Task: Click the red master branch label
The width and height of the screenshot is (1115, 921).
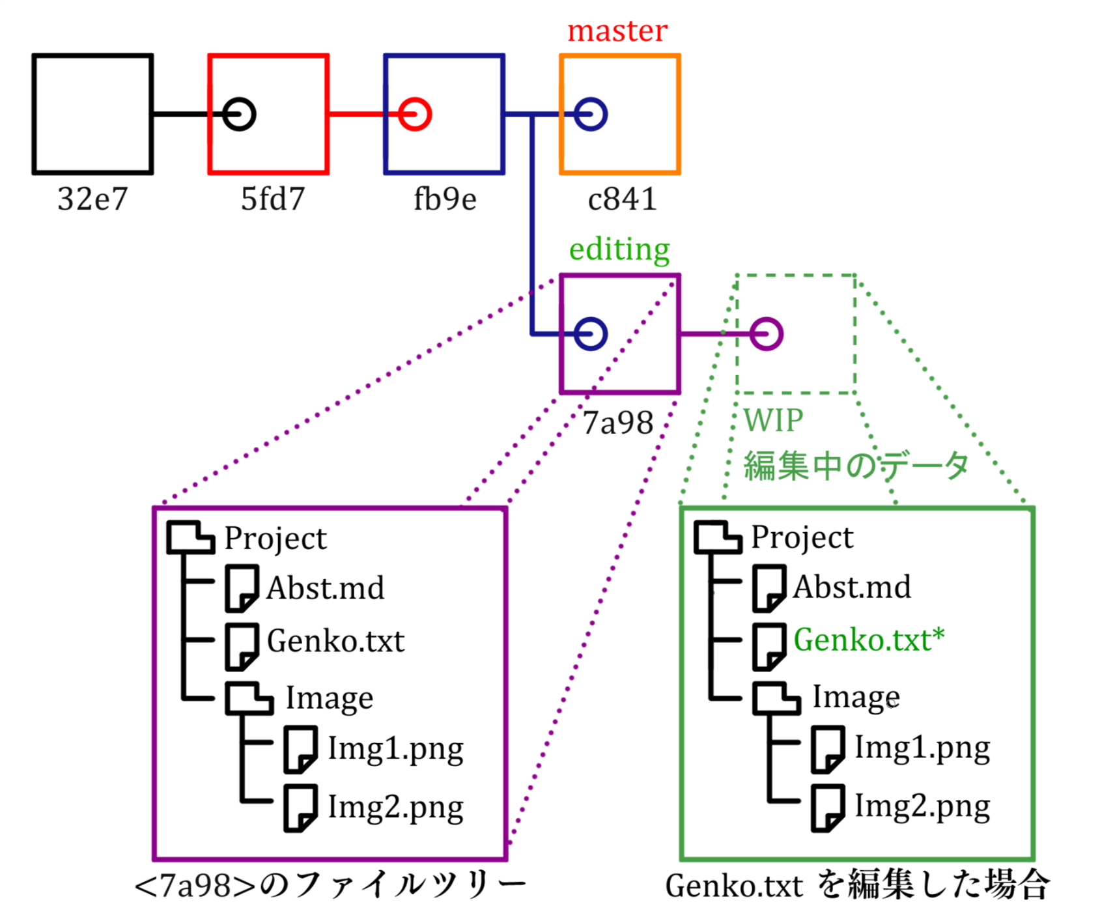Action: [617, 31]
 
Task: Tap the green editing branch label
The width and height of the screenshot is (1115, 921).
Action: [619, 249]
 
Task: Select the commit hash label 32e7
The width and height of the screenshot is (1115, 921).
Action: [92, 199]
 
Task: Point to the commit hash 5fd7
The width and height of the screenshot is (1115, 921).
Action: [272, 199]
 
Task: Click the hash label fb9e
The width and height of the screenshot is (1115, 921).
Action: [445, 199]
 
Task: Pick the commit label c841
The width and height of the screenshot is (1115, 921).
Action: [621, 199]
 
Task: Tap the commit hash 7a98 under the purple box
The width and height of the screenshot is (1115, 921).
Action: [617, 423]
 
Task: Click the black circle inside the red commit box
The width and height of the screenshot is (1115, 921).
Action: [239, 115]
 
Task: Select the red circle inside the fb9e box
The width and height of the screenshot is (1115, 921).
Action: [415, 115]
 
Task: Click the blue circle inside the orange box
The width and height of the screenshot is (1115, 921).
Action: [591, 115]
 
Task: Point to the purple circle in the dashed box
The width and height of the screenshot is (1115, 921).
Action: [766, 334]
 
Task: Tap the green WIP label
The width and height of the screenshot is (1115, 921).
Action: [773, 421]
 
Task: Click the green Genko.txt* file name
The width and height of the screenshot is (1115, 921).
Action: [868, 640]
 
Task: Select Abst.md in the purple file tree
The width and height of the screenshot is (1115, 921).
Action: [325, 588]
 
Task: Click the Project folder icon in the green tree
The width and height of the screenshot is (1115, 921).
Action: [717, 538]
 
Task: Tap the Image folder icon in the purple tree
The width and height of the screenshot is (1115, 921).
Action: [249, 698]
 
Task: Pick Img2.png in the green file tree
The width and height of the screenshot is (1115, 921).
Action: [922, 806]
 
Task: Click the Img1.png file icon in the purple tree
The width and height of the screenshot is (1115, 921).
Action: [301, 749]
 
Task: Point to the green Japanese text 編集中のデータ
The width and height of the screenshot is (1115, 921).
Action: [856, 466]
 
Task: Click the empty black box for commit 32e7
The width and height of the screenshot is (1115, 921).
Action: [92, 115]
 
